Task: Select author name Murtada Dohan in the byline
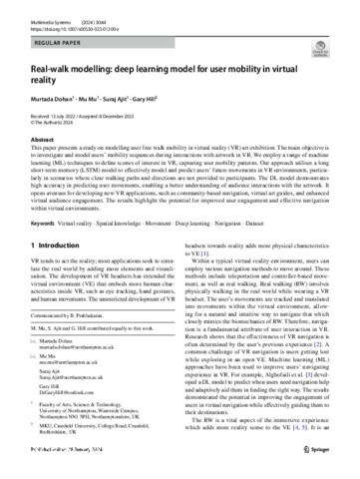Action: pos(47,102)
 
